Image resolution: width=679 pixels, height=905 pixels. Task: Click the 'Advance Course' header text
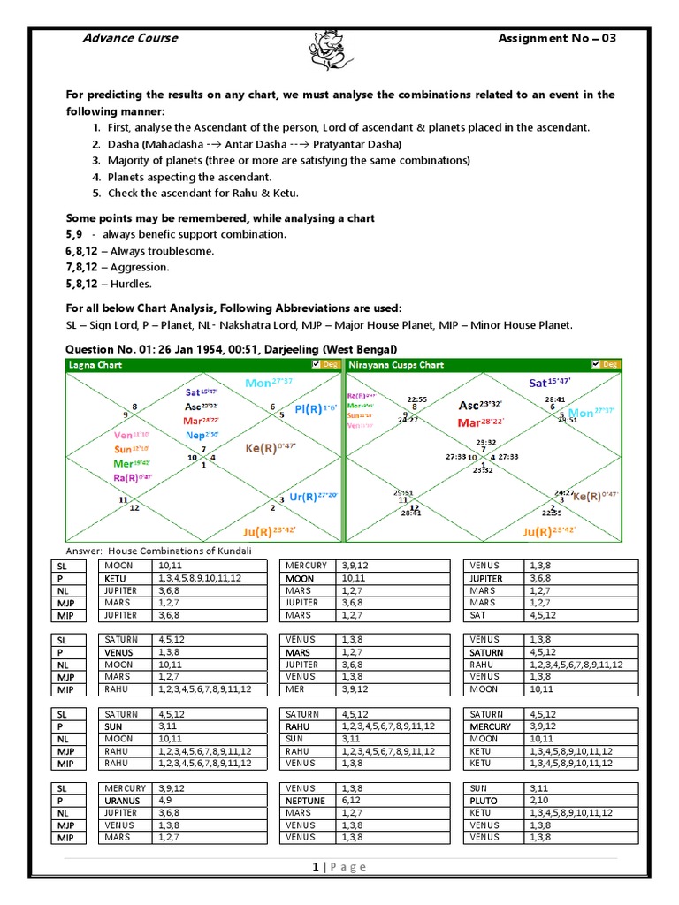click(x=129, y=38)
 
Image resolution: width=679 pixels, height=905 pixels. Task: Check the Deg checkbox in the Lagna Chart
click(x=317, y=364)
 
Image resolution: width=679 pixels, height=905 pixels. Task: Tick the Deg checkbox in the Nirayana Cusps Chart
click(x=596, y=364)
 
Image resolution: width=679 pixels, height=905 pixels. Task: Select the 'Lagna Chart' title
click(x=95, y=365)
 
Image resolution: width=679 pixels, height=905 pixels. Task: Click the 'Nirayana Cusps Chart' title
click(x=396, y=365)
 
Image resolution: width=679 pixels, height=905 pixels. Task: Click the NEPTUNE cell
click(x=307, y=801)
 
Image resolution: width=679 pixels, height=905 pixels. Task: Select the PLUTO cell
click(x=484, y=801)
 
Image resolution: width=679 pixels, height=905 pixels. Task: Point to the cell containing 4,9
click(x=164, y=801)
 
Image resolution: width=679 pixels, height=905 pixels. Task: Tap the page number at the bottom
click(x=315, y=867)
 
